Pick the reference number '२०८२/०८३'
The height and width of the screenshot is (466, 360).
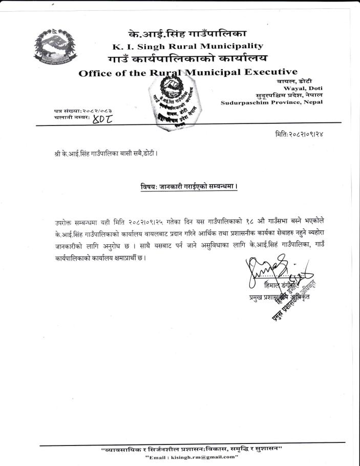pyautogui.click(x=96, y=111)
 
